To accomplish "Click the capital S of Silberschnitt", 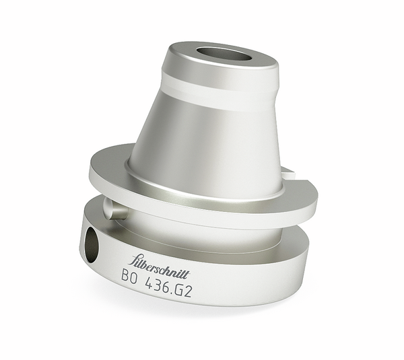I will coord(133,258).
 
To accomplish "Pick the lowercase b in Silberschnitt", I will coord(145,259).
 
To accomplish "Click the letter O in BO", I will coord(136,275).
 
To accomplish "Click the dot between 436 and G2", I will coord(178,280).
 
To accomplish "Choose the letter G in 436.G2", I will coord(184,276).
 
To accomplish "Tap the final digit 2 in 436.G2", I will coord(193,275).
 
